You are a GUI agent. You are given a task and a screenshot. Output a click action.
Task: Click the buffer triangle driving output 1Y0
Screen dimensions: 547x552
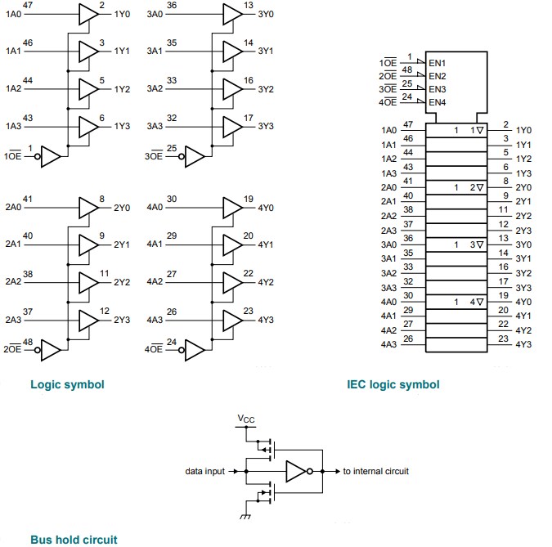(87, 15)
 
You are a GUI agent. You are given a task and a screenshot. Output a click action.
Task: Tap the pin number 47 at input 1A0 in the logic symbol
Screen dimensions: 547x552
(28, 6)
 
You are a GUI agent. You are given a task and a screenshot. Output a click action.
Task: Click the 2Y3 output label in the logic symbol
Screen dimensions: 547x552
(122, 320)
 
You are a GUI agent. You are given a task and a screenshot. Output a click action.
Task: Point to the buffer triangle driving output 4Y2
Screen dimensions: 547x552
(231, 282)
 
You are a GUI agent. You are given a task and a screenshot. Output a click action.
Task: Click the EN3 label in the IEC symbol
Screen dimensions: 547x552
(438, 88)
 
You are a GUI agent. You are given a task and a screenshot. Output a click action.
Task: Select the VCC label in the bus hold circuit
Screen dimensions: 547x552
(245, 419)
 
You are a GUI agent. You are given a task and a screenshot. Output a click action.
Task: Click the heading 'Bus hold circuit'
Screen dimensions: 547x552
(74, 539)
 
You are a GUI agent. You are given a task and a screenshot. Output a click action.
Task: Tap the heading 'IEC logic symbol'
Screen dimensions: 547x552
(393, 384)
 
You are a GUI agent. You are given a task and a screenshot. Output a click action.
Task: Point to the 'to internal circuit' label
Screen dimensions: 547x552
(375, 471)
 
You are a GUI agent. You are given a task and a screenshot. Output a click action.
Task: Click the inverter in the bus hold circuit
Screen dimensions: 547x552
(296, 472)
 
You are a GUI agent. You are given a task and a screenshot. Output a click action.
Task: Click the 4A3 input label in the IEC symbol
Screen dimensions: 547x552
(388, 344)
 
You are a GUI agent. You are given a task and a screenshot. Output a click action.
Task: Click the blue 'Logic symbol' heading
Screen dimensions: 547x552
(67, 384)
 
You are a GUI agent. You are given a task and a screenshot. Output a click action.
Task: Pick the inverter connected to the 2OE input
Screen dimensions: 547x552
(51, 350)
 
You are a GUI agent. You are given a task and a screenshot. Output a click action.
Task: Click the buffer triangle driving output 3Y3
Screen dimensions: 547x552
(231, 127)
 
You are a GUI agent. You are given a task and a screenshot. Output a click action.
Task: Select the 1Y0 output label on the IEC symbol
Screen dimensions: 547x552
(524, 130)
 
